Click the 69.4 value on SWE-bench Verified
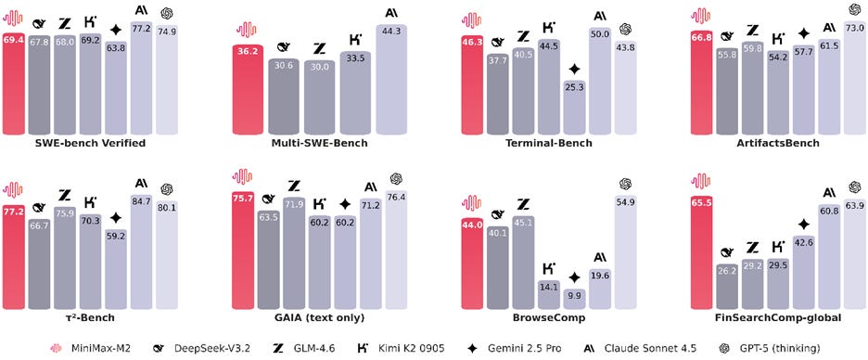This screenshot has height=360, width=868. pos(14,43)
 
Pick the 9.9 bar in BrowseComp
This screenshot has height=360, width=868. pos(574,297)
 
